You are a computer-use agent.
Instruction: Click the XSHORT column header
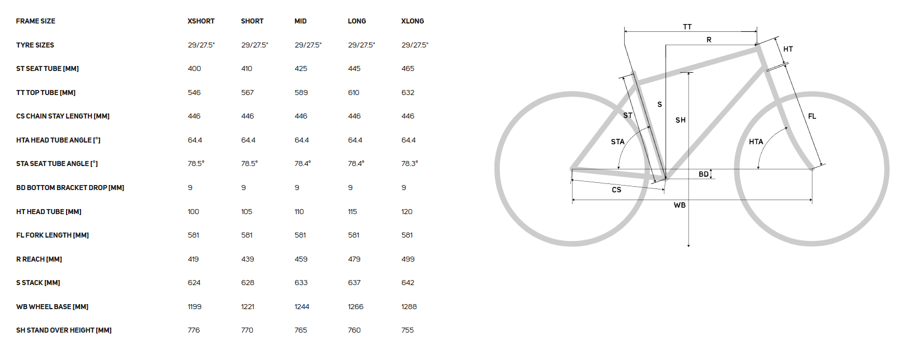click(x=201, y=21)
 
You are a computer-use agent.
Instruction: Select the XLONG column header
click(x=413, y=21)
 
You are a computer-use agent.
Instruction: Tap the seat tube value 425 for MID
click(x=301, y=69)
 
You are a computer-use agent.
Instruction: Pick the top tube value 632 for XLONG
click(x=408, y=93)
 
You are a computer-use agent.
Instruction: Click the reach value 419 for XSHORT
click(x=194, y=259)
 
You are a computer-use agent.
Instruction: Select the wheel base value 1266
click(x=356, y=307)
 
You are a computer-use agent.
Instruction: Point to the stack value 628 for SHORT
click(x=248, y=283)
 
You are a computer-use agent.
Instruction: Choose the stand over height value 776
click(x=194, y=330)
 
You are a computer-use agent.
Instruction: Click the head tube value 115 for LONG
click(x=352, y=212)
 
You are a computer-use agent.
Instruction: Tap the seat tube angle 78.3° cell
click(x=410, y=164)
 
